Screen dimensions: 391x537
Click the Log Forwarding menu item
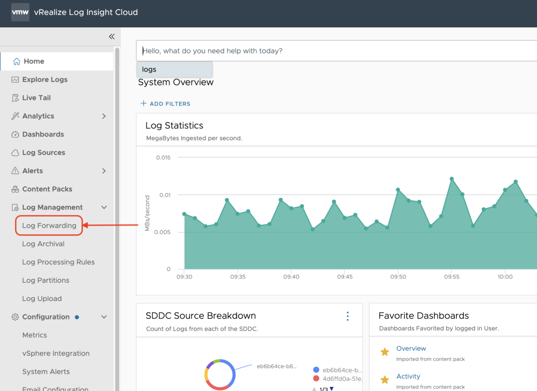click(x=49, y=225)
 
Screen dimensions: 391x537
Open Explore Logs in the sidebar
click(x=45, y=80)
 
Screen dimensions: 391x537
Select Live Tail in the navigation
click(x=36, y=98)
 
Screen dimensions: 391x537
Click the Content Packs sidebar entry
click(x=47, y=189)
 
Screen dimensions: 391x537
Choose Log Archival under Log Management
click(x=43, y=244)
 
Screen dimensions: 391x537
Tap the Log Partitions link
click(x=46, y=280)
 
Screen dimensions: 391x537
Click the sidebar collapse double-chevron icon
click(x=111, y=37)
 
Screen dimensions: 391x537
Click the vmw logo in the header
click(x=20, y=13)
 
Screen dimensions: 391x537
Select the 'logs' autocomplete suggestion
click(x=174, y=70)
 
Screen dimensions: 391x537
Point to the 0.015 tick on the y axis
click(x=163, y=157)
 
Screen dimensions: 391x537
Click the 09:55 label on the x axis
click(x=452, y=277)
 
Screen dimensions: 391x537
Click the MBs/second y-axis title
click(x=147, y=213)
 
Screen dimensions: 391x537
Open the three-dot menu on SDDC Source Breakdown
click(x=348, y=316)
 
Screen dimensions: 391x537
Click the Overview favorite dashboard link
click(x=411, y=348)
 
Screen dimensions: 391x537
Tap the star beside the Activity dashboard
click(x=384, y=380)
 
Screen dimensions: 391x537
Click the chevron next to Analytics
click(x=104, y=116)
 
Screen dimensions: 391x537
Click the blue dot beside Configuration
click(x=77, y=317)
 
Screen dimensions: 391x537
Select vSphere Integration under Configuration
click(x=56, y=353)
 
